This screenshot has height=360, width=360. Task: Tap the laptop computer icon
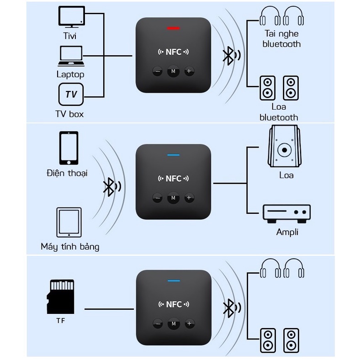71,56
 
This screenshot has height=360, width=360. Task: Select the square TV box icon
71,95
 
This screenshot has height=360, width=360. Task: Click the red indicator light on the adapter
173,28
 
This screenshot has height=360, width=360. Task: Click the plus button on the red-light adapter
189,71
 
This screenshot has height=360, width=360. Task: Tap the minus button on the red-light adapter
158,71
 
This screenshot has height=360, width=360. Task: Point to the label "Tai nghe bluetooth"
282,39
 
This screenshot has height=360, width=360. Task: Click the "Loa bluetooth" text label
279,112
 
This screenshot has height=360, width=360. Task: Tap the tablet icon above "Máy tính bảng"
69,222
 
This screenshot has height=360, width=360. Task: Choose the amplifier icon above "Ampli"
286,213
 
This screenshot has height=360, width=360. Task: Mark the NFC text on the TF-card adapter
173,304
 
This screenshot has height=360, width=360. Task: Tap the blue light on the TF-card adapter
173,281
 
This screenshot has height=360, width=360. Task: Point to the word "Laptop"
70,74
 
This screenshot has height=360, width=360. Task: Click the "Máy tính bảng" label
70,247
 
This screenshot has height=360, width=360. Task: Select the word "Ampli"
287,232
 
